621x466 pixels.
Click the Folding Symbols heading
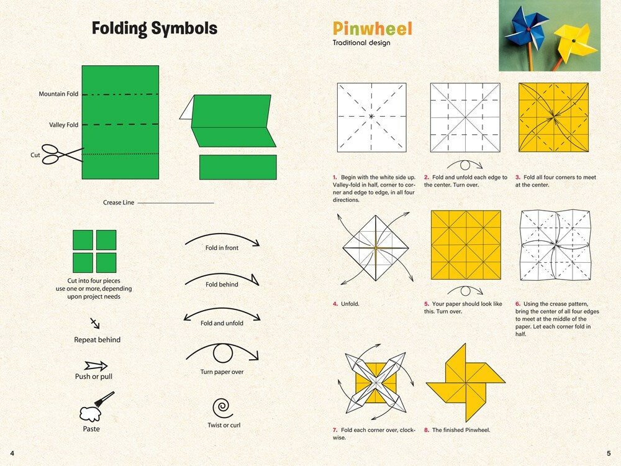point(155,29)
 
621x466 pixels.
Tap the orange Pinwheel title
point(372,29)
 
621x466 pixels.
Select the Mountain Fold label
point(58,94)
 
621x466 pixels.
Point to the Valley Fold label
point(64,125)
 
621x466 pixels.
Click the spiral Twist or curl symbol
point(222,408)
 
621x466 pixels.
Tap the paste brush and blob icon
point(95,408)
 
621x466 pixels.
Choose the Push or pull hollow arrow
point(96,366)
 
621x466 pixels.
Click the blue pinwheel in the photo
point(527,29)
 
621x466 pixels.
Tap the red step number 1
point(335,178)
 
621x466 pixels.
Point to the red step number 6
point(517,304)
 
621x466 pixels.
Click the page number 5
point(609,452)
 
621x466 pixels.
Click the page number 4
point(12,452)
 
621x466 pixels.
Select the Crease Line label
point(118,203)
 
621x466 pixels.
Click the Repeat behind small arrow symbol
point(95,323)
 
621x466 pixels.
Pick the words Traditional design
point(361,43)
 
